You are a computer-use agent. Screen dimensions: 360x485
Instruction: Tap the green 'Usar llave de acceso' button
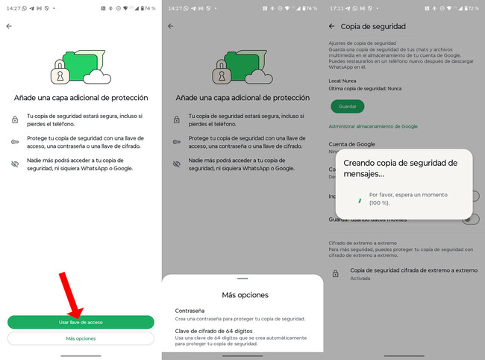(x=81, y=322)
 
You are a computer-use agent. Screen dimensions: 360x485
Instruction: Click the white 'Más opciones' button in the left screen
(x=81, y=338)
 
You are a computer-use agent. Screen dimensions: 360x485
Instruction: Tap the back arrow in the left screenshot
(x=9, y=26)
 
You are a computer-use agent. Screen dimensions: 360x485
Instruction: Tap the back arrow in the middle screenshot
(x=171, y=26)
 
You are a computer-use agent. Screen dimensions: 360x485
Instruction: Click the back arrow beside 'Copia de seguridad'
(x=332, y=26)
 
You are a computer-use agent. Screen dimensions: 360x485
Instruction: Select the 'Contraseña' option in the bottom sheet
(x=190, y=310)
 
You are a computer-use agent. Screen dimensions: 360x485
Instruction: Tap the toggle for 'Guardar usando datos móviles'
(x=470, y=219)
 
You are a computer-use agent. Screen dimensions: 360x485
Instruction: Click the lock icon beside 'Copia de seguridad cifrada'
(x=336, y=273)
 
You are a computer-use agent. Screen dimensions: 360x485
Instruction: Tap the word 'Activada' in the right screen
(x=361, y=278)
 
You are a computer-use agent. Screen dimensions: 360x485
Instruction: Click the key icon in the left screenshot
(x=16, y=141)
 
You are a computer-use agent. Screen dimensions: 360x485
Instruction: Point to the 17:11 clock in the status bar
(x=335, y=7)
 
